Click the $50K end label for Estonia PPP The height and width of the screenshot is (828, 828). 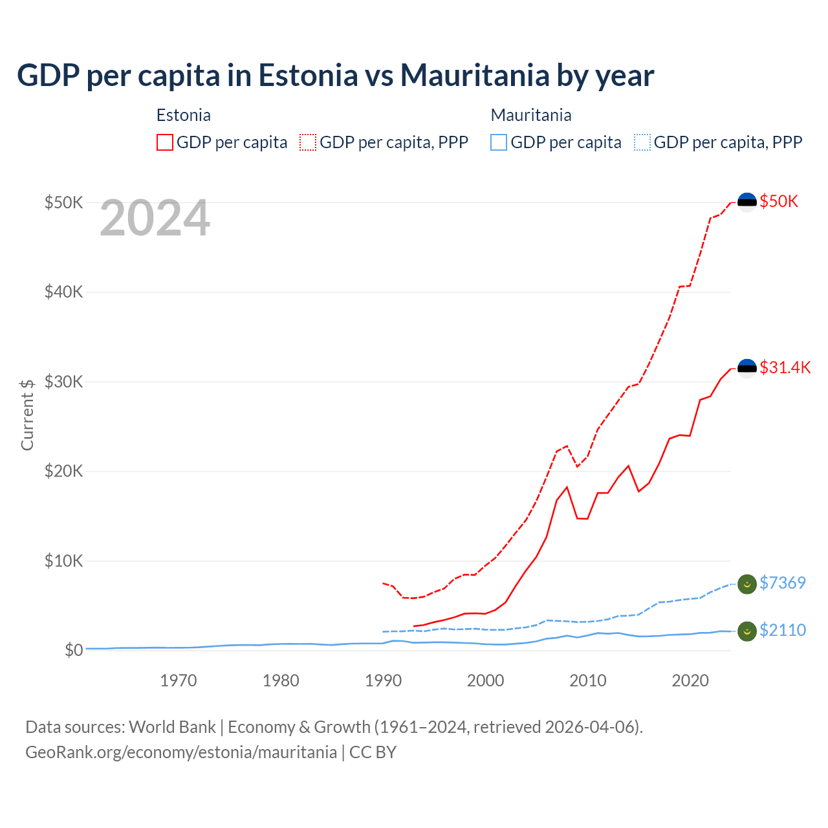(x=779, y=201)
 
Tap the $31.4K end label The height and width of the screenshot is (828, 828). (x=785, y=367)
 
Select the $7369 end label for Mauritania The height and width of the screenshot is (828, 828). (x=782, y=583)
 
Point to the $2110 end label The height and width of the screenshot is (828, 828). (x=782, y=630)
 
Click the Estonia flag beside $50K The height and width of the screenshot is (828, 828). (x=747, y=202)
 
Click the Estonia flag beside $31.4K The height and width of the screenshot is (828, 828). (x=747, y=368)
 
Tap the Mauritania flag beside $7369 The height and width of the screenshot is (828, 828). (x=747, y=583)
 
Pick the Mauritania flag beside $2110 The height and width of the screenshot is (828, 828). (x=747, y=631)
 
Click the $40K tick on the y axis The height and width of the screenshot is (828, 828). (x=63, y=292)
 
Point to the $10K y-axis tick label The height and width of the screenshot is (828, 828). (x=63, y=561)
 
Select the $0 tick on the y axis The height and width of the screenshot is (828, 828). (x=73, y=650)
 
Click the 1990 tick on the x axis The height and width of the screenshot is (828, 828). (x=383, y=681)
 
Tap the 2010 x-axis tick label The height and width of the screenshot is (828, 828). (x=587, y=681)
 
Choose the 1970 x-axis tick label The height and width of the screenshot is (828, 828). (x=179, y=681)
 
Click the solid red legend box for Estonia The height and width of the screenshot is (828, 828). (x=165, y=142)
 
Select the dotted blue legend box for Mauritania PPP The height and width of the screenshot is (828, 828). (x=642, y=142)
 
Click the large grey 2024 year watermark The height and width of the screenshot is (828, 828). (x=155, y=219)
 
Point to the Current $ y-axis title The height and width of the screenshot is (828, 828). (x=27, y=415)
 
